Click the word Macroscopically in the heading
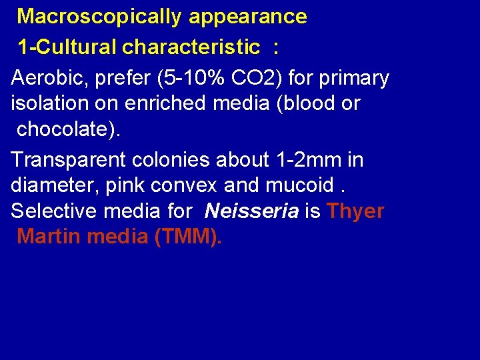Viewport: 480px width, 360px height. (x=99, y=17)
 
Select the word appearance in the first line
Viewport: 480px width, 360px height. (x=248, y=17)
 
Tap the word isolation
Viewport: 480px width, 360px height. (x=49, y=103)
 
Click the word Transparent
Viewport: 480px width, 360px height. (x=70, y=160)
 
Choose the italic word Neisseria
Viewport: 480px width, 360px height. (x=252, y=211)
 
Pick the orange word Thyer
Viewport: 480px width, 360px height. (x=356, y=211)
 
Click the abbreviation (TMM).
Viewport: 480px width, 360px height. (x=187, y=236)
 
